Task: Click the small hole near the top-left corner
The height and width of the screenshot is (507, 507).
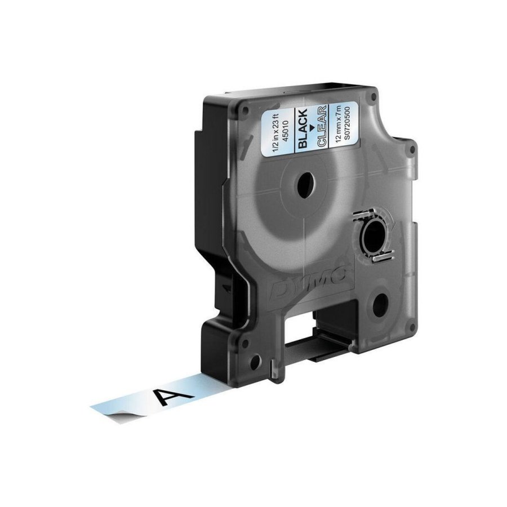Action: click(x=237, y=105)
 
